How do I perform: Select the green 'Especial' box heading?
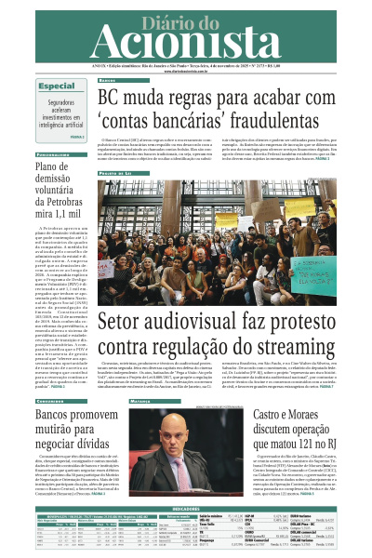pos(57,86)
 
